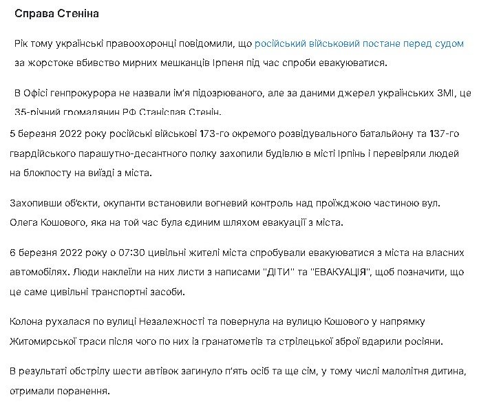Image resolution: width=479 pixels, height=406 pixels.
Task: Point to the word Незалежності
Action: click(176, 322)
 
